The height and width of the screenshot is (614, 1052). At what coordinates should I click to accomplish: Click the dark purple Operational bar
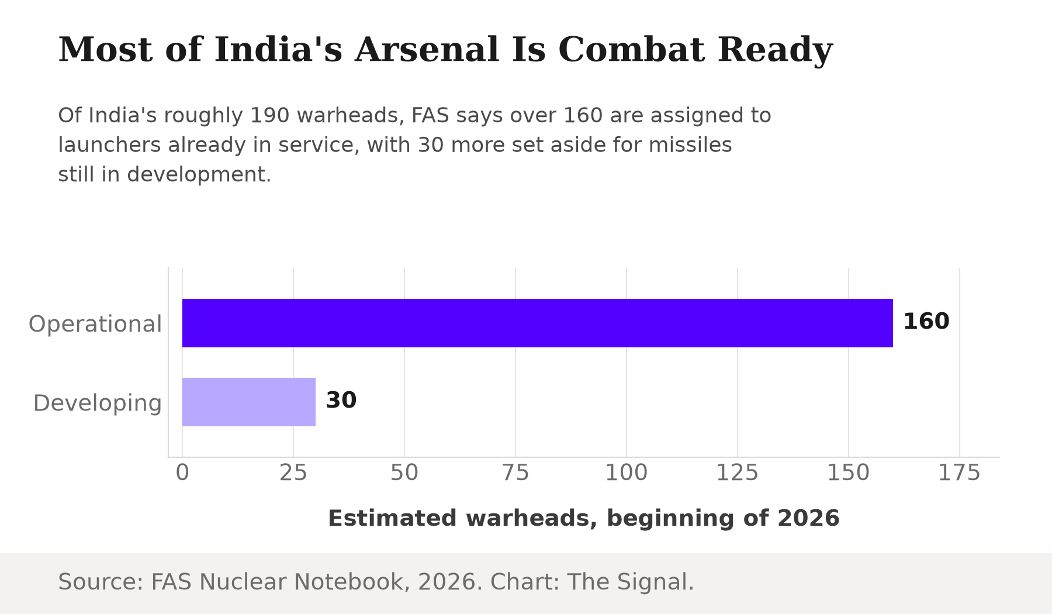[538, 323]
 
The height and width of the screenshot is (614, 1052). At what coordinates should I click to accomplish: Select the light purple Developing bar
[249, 402]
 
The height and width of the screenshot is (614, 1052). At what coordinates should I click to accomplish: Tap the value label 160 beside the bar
[926, 322]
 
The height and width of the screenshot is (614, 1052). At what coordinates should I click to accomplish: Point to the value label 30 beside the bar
[341, 401]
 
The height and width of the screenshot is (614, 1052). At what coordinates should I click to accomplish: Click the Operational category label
[95, 324]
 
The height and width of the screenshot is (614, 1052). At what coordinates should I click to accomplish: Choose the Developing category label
[98, 403]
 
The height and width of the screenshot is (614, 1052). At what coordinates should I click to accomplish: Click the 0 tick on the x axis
[182, 472]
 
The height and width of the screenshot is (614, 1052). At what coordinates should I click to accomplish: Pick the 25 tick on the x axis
[293, 472]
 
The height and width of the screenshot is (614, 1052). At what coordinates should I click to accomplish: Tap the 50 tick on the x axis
[404, 472]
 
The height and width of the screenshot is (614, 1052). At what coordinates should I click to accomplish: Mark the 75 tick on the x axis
[515, 472]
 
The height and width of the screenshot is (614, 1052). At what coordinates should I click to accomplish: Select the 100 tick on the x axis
[627, 472]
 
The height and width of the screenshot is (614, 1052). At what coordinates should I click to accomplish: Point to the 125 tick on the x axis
[738, 472]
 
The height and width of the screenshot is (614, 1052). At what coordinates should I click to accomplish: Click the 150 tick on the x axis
[849, 472]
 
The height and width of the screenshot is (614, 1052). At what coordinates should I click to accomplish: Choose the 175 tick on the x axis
[960, 472]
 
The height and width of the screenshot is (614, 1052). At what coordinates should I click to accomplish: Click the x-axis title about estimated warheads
[584, 519]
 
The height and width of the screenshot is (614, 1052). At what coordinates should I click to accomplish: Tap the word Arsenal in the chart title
[427, 49]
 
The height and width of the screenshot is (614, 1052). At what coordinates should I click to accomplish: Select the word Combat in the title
[631, 49]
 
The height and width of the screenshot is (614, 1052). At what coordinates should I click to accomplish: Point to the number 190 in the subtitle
[269, 115]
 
